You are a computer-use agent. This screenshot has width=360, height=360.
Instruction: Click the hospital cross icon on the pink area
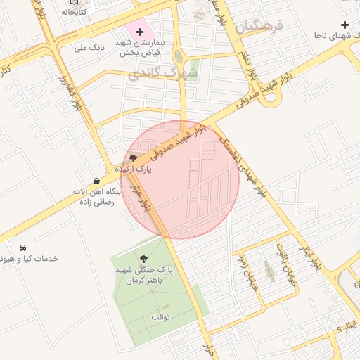click(x=139, y=32)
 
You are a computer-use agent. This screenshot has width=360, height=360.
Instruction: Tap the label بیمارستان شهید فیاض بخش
click(x=139, y=47)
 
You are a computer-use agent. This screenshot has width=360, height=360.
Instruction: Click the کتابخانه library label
click(x=74, y=12)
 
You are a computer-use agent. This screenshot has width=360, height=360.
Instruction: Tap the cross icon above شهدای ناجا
click(x=344, y=25)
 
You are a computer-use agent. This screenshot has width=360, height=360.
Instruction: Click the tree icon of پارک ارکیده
click(x=134, y=158)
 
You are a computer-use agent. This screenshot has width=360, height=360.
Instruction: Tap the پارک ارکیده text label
click(x=133, y=169)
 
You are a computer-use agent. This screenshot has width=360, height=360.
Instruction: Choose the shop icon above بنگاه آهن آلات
click(x=96, y=181)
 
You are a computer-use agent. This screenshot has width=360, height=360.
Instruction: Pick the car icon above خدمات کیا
click(x=23, y=248)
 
